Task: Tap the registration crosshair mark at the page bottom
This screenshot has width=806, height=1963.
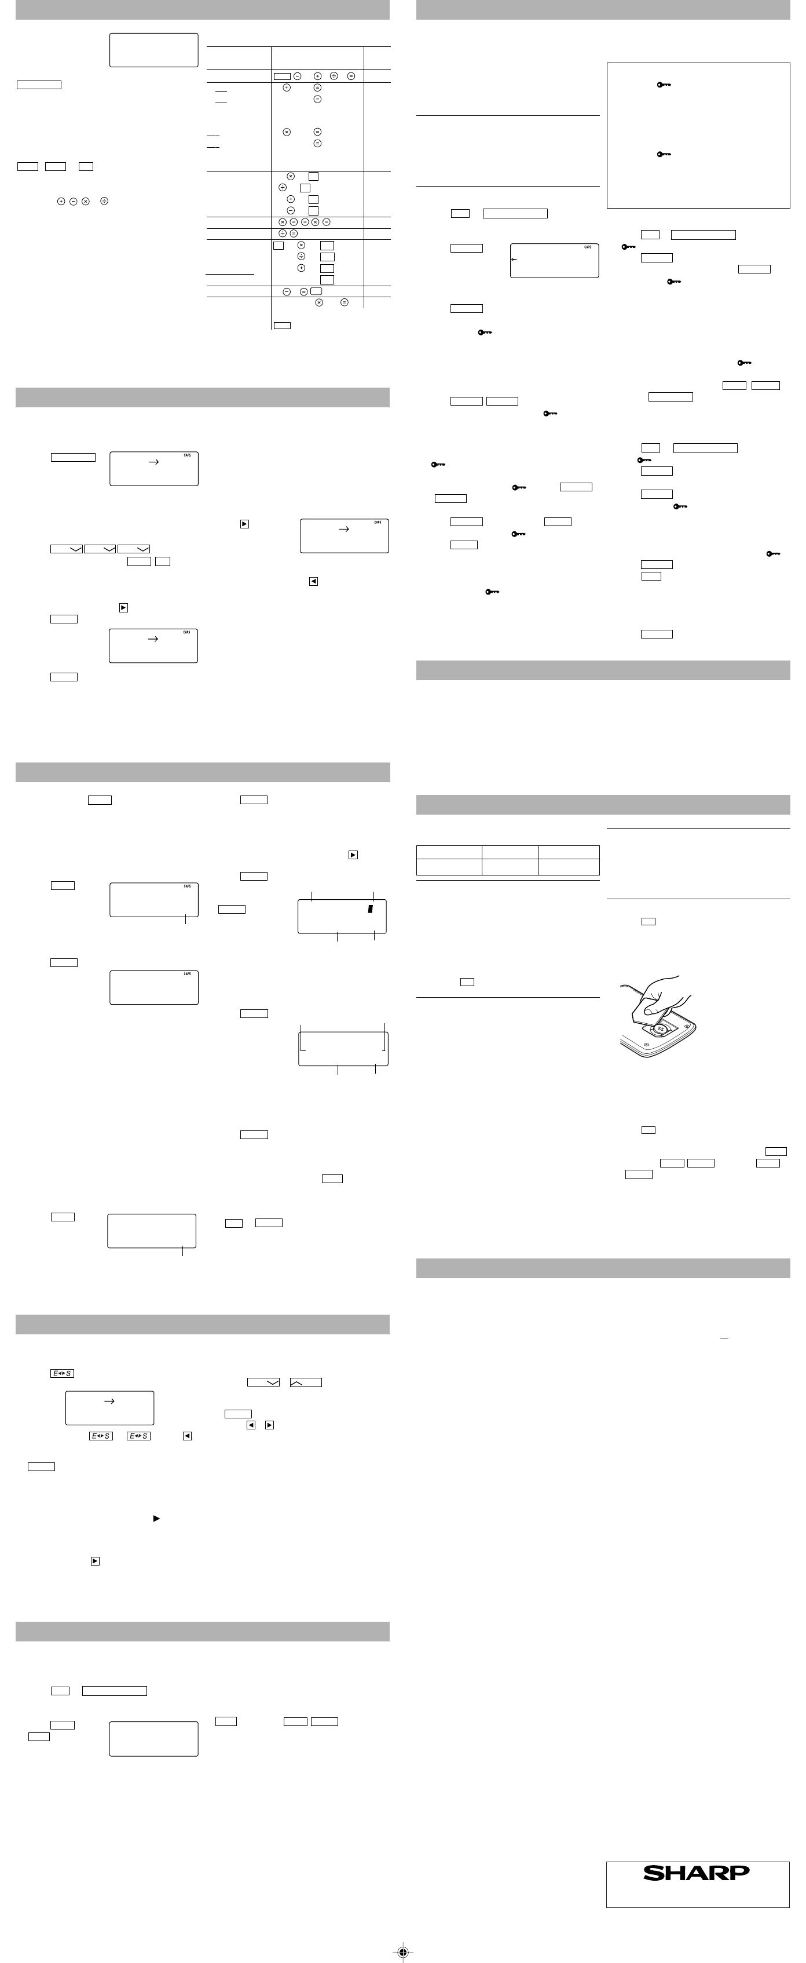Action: pyautogui.click(x=403, y=1951)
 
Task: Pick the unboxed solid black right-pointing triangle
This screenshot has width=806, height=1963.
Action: pyautogui.click(x=156, y=1519)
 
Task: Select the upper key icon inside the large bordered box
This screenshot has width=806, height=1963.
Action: pyautogui.click(x=664, y=85)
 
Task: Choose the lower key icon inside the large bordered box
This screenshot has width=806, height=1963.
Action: pyautogui.click(x=664, y=155)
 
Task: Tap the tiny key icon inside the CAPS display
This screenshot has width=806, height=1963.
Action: pyautogui.click(x=514, y=260)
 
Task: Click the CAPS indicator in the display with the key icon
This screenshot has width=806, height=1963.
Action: pyautogui.click(x=587, y=247)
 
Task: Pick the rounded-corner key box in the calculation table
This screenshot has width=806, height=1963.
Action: pyautogui.click(x=316, y=291)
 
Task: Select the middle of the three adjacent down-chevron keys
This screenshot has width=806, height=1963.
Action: pyautogui.click(x=100, y=549)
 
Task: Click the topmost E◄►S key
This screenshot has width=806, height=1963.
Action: pyautogui.click(x=62, y=1373)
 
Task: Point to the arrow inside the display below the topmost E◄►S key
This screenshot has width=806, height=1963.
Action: pyautogui.click(x=109, y=1400)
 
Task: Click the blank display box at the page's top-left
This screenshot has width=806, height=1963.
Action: pyautogui.click(x=154, y=49)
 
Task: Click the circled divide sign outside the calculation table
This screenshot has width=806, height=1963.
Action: pyautogui.click(x=104, y=201)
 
